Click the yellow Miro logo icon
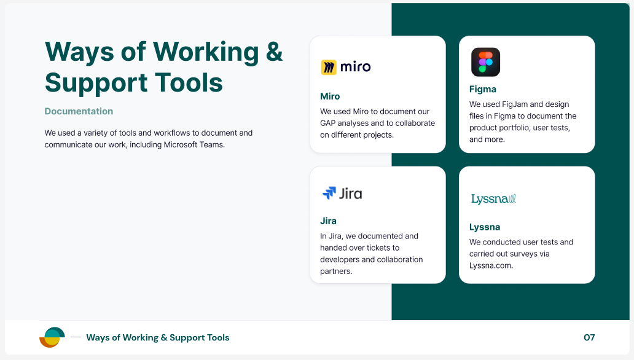tap(329, 67)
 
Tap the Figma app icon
tap(485, 62)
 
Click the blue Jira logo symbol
tap(329, 193)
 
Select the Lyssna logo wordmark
tap(493, 199)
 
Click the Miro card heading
tap(330, 96)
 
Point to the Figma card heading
tap(483, 90)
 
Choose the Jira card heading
tap(328, 221)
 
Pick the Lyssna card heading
tap(485, 227)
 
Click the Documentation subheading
tap(79, 111)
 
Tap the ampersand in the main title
tap(275, 52)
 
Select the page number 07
tap(589, 337)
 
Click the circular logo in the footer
tap(52, 337)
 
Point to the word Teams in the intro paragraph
tap(213, 145)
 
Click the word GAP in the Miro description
tap(328, 123)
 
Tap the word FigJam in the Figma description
tap(515, 104)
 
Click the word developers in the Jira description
tap(340, 260)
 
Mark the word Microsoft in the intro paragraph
tap(181, 145)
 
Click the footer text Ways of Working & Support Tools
tap(158, 337)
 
